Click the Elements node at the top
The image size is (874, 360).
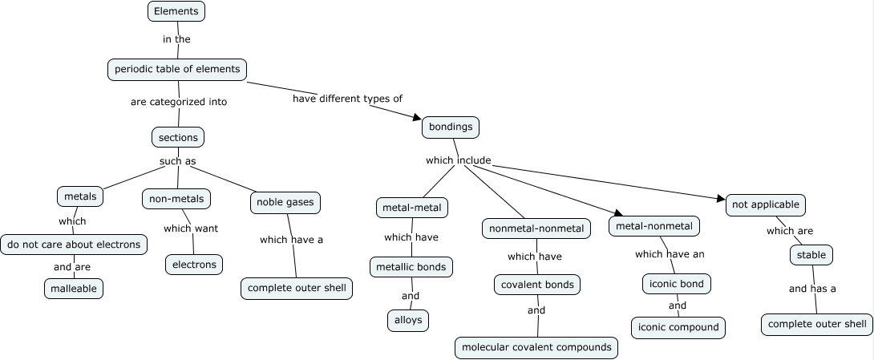[x=176, y=11]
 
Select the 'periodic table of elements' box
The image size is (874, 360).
[x=177, y=69]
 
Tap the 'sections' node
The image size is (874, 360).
[x=178, y=137]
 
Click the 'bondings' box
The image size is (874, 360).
[x=451, y=127]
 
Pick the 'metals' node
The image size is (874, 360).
[x=80, y=196]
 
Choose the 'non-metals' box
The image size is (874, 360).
[x=177, y=198]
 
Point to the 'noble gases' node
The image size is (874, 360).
[x=285, y=202]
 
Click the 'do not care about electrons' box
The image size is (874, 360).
[x=74, y=244]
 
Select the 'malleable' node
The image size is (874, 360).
[x=74, y=288]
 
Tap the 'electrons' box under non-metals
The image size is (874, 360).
[x=194, y=264]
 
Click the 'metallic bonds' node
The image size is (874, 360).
[x=412, y=266]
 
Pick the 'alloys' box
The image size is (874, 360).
[x=407, y=320]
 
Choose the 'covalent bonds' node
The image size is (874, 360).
[x=536, y=285]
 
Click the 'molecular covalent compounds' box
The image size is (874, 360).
[x=536, y=347]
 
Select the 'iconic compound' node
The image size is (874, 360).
[x=678, y=327]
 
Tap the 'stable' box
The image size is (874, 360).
[x=811, y=255]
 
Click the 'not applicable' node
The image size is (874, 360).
[x=765, y=204]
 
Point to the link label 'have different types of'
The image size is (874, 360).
[x=347, y=99]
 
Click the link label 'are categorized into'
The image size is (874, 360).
[x=179, y=102]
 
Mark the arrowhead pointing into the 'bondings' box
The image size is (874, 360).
[x=416, y=118]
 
